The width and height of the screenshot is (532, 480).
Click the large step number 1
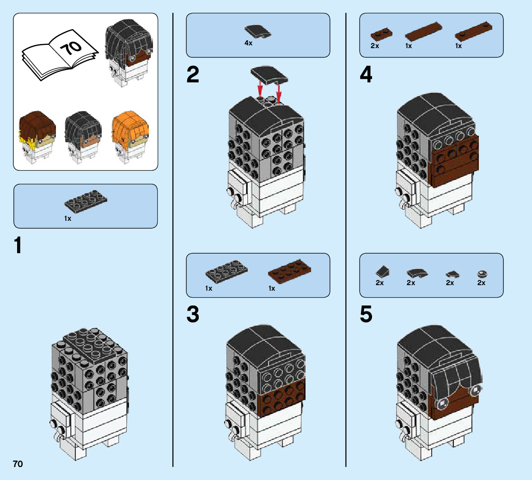click(18, 246)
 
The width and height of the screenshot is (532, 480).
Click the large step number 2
click(193, 75)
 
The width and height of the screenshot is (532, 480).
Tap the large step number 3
click(193, 315)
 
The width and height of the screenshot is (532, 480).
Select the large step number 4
click(366, 75)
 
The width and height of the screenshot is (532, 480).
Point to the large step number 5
click(366, 315)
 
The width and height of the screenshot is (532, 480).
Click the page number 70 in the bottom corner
click(18, 464)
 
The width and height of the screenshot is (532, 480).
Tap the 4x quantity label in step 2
click(248, 43)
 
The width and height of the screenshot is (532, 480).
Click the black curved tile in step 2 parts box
click(258, 31)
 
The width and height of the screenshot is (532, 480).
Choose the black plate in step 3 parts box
click(226, 272)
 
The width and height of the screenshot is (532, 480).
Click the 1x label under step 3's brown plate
click(272, 288)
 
